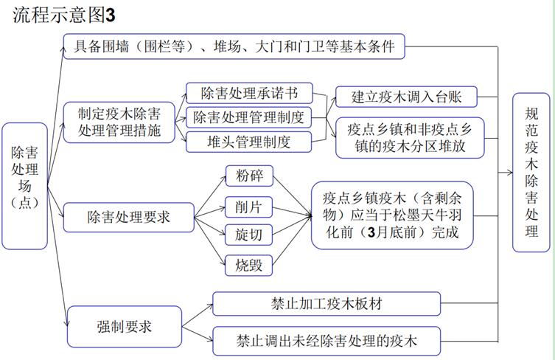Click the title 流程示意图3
[x=64, y=15]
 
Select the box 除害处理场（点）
[x=25, y=186]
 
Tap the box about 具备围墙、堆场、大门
[x=234, y=46]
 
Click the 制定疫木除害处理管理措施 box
[x=119, y=122]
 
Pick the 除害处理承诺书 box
[x=250, y=93]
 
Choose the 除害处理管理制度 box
[x=249, y=117]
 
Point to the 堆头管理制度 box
[x=249, y=142]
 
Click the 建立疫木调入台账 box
[x=406, y=97]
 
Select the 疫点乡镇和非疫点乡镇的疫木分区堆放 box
[x=410, y=137]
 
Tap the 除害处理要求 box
[x=129, y=217]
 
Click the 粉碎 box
[x=249, y=176]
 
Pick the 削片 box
[x=249, y=207]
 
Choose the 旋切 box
[x=249, y=235]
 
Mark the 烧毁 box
[x=249, y=265]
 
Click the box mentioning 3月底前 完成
[x=393, y=215]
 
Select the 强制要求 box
[x=125, y=326]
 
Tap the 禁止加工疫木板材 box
[x=327, y=304]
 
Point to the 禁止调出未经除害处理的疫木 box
[x=327, y=341]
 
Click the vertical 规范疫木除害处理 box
[x=531, y=173]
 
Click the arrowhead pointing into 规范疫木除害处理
[x=510, y=173]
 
